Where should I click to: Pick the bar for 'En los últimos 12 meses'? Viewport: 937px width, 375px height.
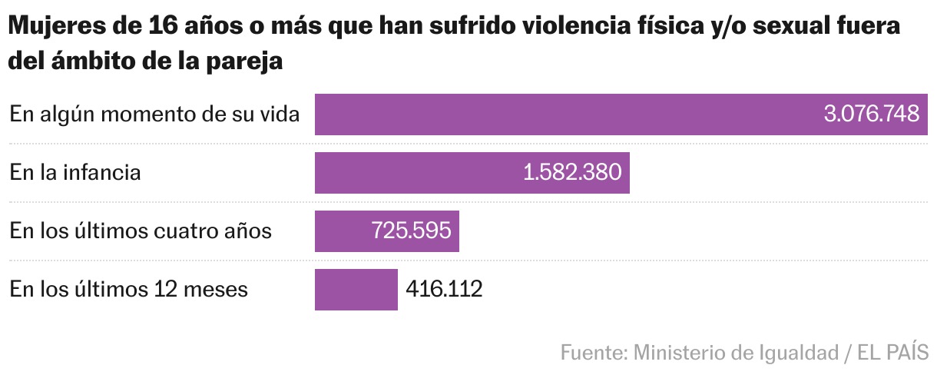tap(356, 290)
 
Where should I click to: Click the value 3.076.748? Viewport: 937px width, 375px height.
tap(871, 114)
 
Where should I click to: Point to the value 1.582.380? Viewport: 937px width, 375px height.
tap(571, 173)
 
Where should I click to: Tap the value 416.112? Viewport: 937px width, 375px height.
tap(444, 290)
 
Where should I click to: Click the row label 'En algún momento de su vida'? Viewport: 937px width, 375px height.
tap(154, 114)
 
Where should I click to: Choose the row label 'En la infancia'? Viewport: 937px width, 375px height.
tap(75, 173)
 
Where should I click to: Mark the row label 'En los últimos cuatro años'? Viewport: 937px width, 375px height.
tap(141, 231)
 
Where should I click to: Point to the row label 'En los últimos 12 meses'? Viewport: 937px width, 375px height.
tap(128, 290)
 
